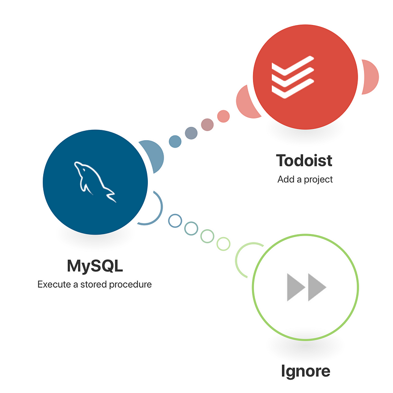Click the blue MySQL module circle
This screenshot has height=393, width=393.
pos(95,182)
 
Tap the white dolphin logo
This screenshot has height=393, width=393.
pos(95,181)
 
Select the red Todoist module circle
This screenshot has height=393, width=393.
pos(305,77)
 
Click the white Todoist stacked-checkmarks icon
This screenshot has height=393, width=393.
pos(293,77)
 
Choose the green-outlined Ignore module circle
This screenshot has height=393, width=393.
pos(305,287)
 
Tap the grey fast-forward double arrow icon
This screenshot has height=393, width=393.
pos(307,287)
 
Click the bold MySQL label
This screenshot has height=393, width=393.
pos(95,266)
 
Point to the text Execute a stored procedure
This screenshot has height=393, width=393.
pos(94,285)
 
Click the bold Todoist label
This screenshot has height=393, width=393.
pos(304,161)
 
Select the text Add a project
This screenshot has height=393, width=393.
pos(305,180)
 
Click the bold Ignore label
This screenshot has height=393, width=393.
pos(306,371)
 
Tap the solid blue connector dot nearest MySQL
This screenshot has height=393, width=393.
pos(175,142)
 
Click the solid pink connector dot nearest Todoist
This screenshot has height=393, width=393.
pos(224,116)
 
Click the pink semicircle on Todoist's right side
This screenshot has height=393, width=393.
pos(370,77)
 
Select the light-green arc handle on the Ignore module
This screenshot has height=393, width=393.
pos(236,259)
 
